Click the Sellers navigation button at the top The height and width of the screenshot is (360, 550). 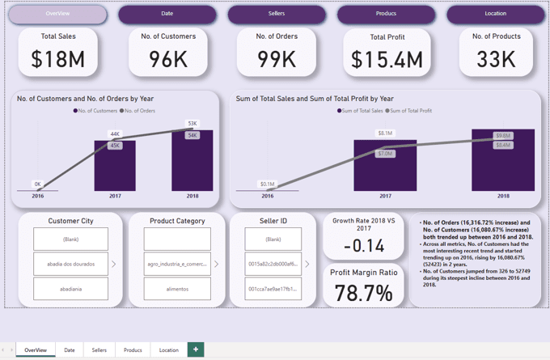pos(277,14)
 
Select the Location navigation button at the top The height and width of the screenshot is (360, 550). pos(495,14)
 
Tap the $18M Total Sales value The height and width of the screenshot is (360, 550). pos(57,58)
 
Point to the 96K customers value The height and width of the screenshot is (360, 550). pos(168,58)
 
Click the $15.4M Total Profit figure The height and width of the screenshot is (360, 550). pos(386,59)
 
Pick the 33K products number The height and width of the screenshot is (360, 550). pos(496,58)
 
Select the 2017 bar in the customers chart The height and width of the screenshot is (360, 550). pos(115,166)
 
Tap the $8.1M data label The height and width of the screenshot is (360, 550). pos(385,133)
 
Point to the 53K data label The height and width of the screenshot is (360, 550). pos(192,124)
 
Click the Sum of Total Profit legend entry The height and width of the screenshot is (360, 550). pos(410,110)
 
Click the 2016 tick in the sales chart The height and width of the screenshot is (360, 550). pos(267,196)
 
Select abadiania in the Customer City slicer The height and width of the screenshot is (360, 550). pos(70,289)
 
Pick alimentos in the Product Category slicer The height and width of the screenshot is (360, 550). pos(177,289)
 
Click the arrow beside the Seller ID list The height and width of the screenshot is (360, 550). pos(307,264)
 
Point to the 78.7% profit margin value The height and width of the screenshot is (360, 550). pos(363,292)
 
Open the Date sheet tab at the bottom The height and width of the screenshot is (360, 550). pos(70,350)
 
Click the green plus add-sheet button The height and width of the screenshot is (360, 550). pos(195,349)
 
